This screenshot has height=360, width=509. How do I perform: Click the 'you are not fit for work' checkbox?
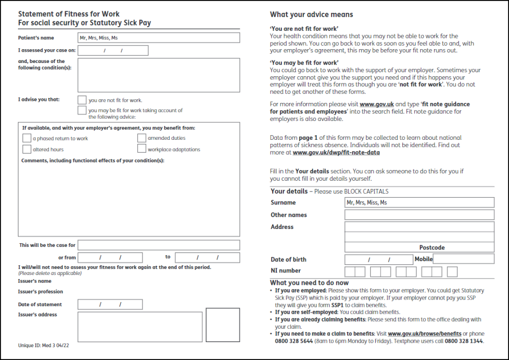[x=82, y=100]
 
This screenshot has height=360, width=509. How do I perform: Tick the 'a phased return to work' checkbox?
[x=27, y=138]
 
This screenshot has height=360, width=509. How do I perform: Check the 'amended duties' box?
[x=142, y=138]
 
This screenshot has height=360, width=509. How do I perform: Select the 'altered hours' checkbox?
[x=27, y=149]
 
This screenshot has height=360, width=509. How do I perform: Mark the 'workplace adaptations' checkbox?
[x=142, y=149]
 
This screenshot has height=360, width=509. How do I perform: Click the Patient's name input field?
[x=158, y=37]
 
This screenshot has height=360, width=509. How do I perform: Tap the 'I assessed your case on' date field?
[x=113, y=50]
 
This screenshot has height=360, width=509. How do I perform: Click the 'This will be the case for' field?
[x=158, y=245]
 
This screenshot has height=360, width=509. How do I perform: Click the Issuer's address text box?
[x=133, y=326]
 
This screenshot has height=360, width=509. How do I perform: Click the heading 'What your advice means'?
[x=311, y=15]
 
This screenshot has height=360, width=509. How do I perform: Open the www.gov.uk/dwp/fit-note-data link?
[x=336, y=152]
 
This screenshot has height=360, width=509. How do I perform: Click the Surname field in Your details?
[x=419, y=202]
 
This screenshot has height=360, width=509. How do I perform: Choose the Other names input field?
[x=419, y=215]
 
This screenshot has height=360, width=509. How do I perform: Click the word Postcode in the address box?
[x=432, y=248]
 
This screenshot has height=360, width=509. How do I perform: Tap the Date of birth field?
[x=378, y=259]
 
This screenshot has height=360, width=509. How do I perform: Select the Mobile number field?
[x=463, y=259]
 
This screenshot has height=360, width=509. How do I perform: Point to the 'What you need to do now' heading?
[x=309, y=283]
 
